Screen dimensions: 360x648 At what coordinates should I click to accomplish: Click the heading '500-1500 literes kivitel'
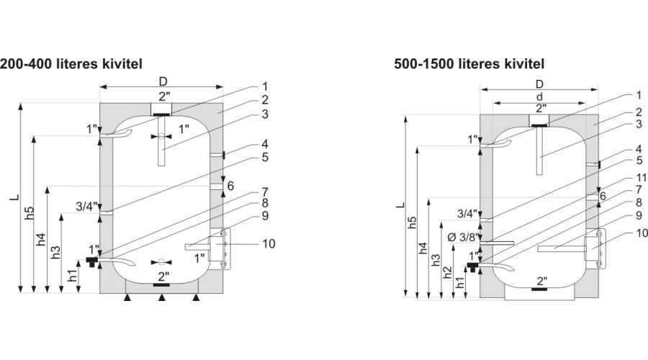point(469,64)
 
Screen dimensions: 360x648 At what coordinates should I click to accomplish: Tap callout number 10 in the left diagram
point(268,244)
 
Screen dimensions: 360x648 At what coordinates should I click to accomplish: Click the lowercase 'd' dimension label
point(540,96)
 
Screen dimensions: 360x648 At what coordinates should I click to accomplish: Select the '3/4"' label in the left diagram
point(86,207)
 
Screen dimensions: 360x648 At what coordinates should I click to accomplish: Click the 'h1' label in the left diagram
point(71,276)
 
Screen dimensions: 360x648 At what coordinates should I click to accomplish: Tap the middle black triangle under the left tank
point(162,297)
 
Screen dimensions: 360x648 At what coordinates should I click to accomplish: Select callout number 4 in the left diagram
point(264,143)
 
